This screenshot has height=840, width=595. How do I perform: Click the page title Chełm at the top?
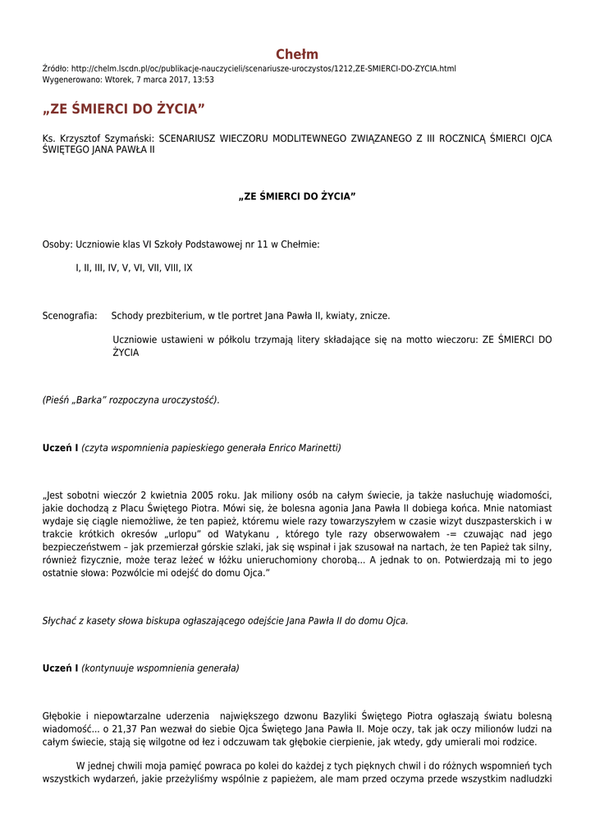click(297, 54)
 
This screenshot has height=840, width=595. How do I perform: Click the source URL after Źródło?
click(263, 68)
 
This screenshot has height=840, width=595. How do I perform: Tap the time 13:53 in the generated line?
click(203, 80)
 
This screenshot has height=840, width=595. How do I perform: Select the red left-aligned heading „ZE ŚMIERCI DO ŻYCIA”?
click(123, 109)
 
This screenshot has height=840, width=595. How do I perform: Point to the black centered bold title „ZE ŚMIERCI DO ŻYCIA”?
click(297, 197)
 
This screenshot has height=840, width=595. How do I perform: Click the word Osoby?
click(57, 244)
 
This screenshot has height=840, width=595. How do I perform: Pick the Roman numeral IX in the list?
click(188, 267)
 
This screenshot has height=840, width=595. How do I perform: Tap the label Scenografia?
click(70, 316)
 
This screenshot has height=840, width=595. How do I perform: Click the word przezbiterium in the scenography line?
click(175, 316)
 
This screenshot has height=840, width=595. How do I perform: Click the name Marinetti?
click(316, 448)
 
